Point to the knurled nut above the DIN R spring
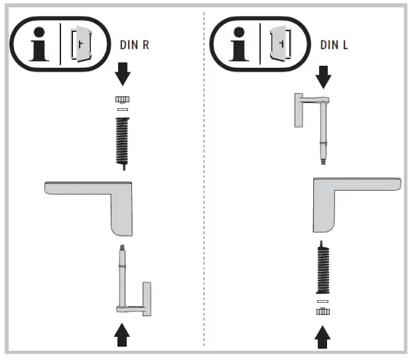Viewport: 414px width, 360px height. click(x=122, y=100)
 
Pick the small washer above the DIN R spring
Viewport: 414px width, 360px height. click(x=122, y=110)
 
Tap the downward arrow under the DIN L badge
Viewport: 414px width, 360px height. click(x=322, y=76)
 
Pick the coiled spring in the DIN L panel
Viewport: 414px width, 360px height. click(x=322, y=269)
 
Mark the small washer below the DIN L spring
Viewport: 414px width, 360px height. click(x=323, y=301)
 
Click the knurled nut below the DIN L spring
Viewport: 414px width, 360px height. click(x=323, y=311)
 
